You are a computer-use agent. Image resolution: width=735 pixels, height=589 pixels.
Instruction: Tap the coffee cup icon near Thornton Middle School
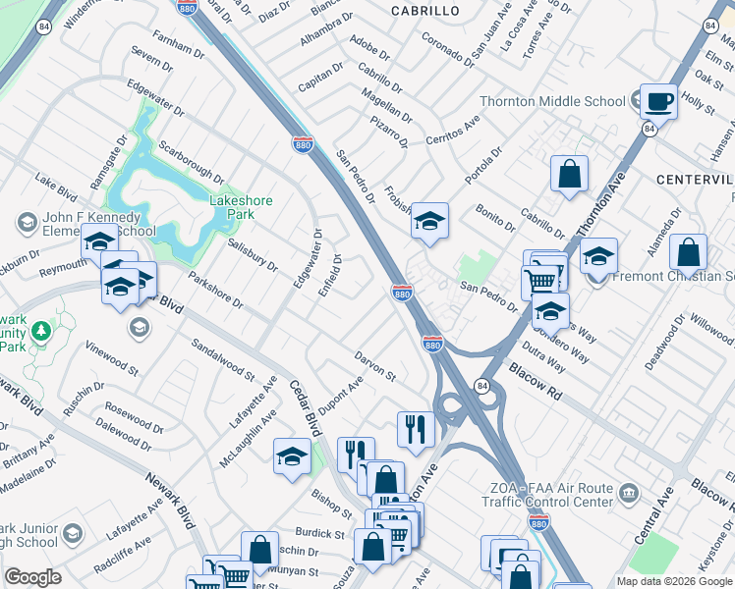658,100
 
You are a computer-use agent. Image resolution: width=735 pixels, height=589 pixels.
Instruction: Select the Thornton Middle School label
552,101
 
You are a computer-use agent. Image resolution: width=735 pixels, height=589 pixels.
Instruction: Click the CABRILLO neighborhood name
424,10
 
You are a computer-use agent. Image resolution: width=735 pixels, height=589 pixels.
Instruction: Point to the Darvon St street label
374,367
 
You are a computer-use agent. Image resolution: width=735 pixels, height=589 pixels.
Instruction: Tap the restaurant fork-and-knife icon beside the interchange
416,429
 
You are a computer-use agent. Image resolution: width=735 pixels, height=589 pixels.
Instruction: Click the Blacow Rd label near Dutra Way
535,383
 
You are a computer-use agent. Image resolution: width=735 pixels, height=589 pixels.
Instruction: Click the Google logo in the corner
32,577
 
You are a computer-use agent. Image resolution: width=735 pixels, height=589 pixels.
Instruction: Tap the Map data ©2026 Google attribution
674,581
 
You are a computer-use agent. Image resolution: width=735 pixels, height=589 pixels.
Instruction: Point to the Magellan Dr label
385,103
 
